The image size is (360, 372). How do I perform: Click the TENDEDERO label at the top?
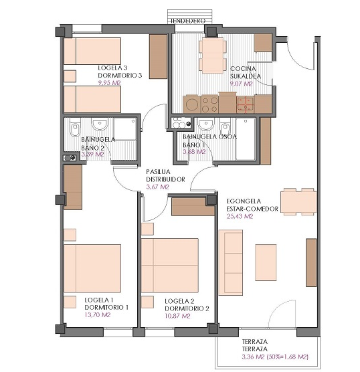187,21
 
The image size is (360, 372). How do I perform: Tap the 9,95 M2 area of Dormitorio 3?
109,83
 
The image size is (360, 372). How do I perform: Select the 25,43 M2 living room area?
240,216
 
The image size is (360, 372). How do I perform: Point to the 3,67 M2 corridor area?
157,187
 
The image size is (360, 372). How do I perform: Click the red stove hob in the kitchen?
246,104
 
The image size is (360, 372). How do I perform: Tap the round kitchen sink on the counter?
191,104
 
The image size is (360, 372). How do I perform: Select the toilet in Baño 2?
75,128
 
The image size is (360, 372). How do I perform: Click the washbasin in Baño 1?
206,124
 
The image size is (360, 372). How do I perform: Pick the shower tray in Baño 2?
125,129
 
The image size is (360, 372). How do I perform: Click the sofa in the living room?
230,262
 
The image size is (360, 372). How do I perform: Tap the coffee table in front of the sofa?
266,262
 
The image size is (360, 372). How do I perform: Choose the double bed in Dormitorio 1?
92,268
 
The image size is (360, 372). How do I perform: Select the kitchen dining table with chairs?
211,56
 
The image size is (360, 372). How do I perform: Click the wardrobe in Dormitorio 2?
193,207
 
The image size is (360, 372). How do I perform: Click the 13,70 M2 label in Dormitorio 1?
98,315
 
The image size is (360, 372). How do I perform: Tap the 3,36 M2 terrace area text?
253,357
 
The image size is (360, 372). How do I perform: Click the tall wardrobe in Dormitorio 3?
158,56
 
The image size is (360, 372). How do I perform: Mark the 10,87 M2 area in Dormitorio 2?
177,316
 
